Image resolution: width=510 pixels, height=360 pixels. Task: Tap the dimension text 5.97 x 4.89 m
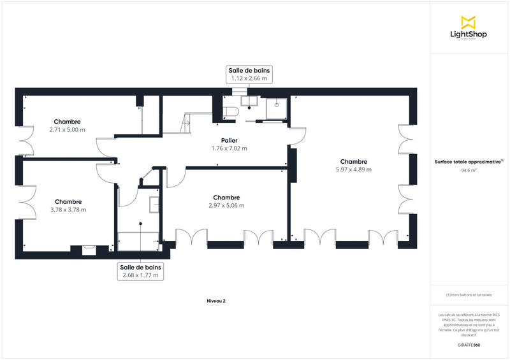click(353, 169)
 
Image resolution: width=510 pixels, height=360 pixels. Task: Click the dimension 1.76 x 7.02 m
click(229, 148)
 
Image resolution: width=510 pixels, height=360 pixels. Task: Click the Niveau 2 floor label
click(215, 301)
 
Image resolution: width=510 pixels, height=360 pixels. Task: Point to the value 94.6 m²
click(469, 171)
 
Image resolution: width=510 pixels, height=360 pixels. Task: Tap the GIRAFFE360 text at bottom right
click(469, 345)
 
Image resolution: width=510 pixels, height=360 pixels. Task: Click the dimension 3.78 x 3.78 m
click(68, 210)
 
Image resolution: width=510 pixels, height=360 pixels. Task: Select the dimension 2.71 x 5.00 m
click(67, 129)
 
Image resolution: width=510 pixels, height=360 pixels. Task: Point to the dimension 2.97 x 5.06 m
click(226, 206)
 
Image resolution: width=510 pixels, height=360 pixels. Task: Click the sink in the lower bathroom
click(154, 204)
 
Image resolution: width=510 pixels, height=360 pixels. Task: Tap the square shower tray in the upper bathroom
click(277, 109)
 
